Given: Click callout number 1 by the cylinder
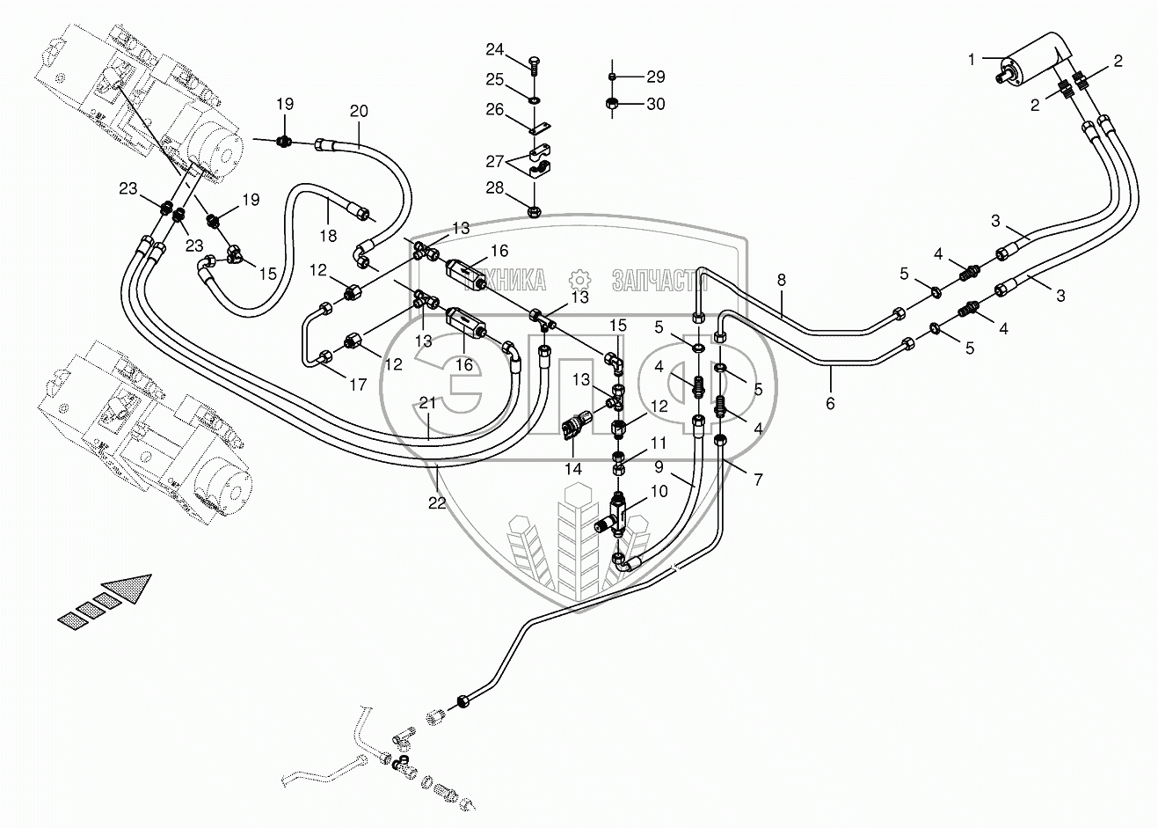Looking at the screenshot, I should (972, 59).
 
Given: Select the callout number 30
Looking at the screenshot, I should (656, 104).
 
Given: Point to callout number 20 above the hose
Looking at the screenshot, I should (359, 111).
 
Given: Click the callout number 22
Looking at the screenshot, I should (437, 502).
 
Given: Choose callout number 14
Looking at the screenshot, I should (573, 470).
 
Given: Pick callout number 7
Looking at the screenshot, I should (758, 480).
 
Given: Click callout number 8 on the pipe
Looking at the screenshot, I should (781, 280).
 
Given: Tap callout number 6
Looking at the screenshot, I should (830, 404).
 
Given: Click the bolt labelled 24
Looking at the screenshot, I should (534, 63).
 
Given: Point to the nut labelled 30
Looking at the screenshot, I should (613, 105).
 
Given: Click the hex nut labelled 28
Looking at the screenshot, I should (535, 211).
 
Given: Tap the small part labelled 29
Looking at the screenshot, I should (613, 77).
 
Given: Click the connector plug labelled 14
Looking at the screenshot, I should (572, 428).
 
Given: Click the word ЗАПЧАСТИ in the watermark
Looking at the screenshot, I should (659, 281).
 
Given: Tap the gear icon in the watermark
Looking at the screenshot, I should (579, 280).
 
